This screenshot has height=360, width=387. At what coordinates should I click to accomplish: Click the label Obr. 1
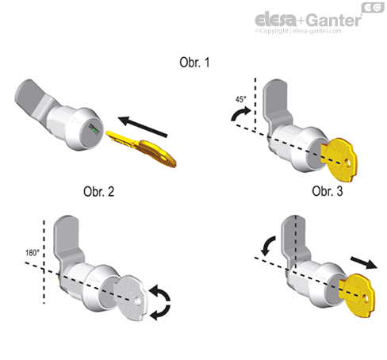(193, 62)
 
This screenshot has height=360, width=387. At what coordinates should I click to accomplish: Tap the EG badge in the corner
(372, 7)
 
